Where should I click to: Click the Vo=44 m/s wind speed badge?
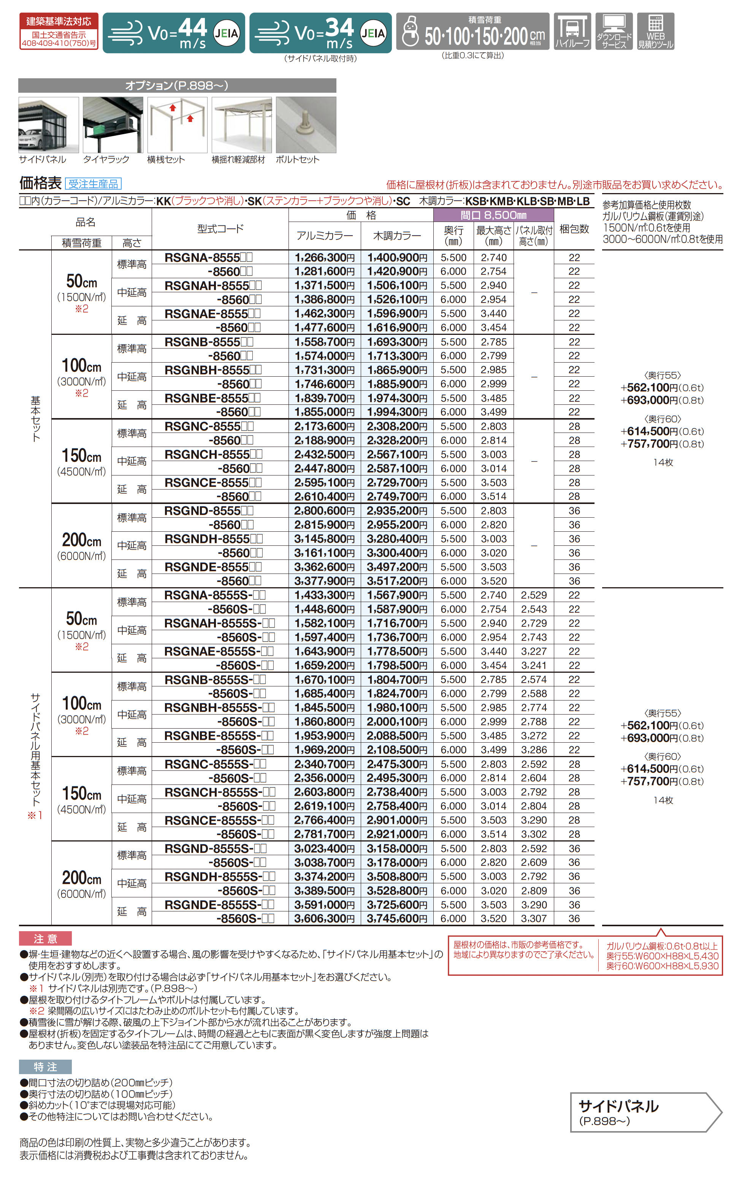tap(173, 33)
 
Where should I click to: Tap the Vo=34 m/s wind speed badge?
tap(320, 33)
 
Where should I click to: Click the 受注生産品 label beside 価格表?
tap(93, 184)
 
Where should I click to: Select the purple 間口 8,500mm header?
tap(493, 215)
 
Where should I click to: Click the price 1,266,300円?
tap(324, 258)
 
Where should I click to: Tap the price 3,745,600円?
tap(397, 919)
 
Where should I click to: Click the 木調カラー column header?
tap(397, 236)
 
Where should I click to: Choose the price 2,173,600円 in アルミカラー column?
tap(324, 426)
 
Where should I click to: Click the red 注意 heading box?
tap(46, 938)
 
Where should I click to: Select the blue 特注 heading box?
tap(46, 1067)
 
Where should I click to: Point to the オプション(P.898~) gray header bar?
tap(177, 86)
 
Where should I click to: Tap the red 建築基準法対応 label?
tap(59, 22)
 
